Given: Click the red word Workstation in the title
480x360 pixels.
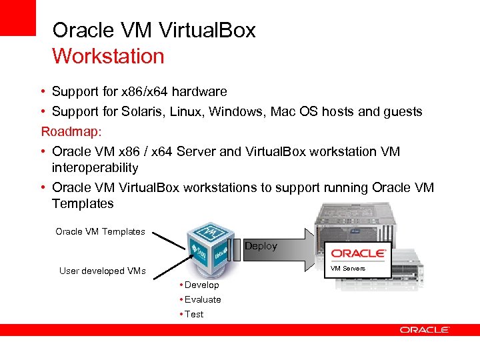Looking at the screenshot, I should (x=108, y=56).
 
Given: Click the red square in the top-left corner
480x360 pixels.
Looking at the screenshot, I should (x=17, y=17).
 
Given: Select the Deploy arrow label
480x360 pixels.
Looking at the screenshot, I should (x=261, y=246).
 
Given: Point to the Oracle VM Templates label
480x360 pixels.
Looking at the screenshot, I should (x=100, y=231).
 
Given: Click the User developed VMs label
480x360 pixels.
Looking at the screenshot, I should (x=102, y=271).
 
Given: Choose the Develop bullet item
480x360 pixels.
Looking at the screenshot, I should (x=201, y=285).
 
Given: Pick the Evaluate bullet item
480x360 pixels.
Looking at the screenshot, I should (x=203, y=299).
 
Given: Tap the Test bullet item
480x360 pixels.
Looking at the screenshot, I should (x=194, y=314).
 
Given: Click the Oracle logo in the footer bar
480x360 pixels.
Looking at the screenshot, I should (x=425, y=329).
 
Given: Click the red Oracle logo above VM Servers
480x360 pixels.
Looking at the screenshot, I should (x=358, y=253).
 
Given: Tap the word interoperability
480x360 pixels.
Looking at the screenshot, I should (x=95, y=167).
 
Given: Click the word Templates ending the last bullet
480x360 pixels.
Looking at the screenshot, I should (x=83, y=203).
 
